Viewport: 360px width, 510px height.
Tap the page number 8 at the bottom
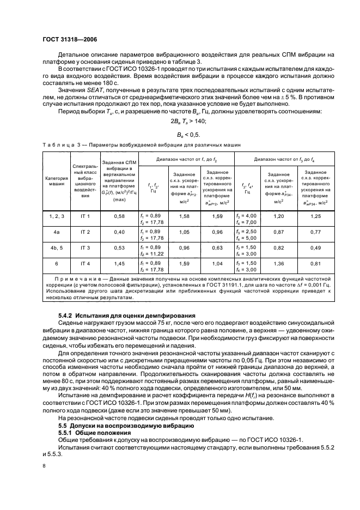coord(44,465)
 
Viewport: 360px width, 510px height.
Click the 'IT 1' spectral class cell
coord(85,217)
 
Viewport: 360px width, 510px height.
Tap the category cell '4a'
coord(56,232)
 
